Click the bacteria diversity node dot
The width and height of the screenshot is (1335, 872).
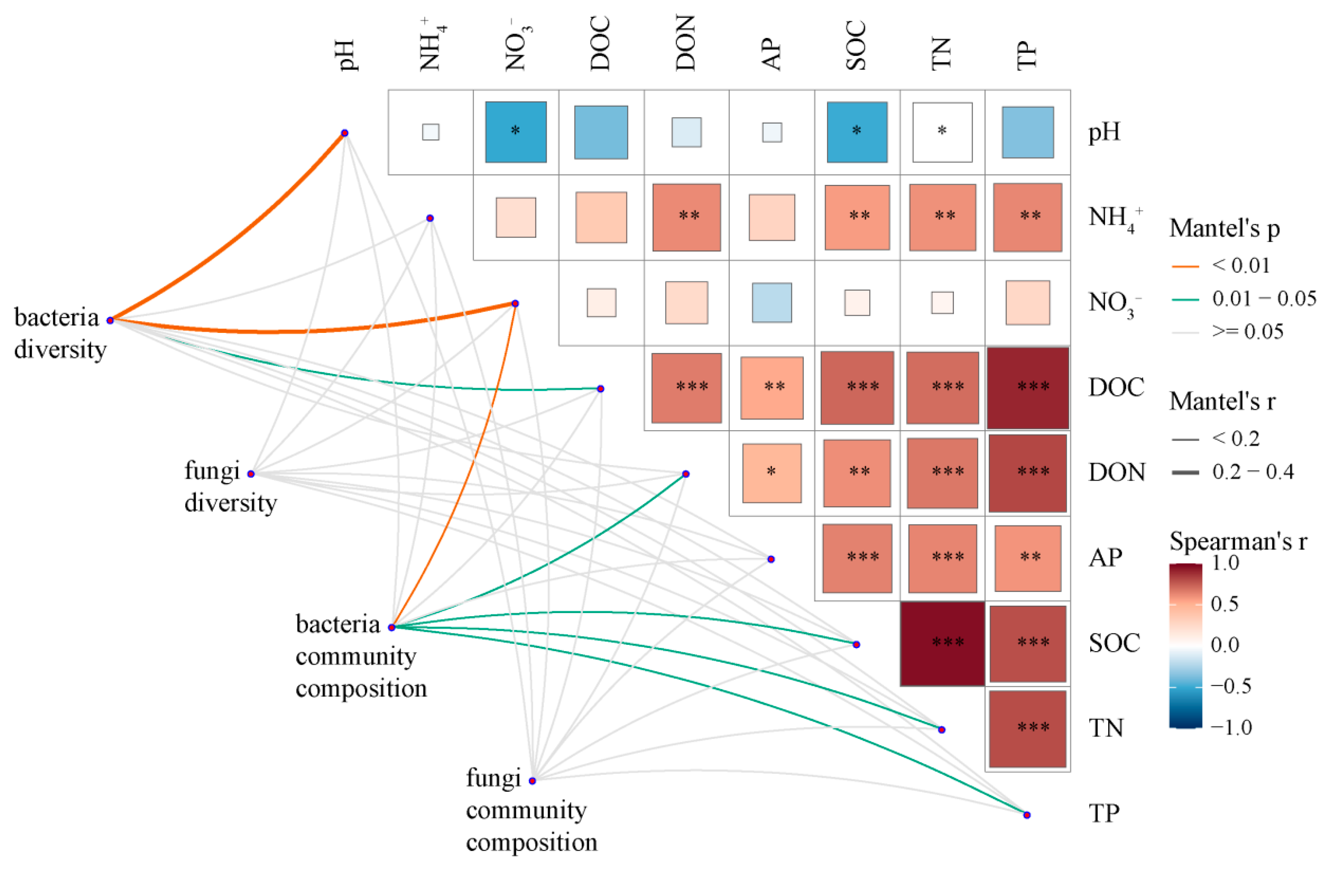click(x=111, y=320)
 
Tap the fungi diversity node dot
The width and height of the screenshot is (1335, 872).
click(x=251, y=474)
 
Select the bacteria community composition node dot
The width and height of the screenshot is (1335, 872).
click(x=392, y=627)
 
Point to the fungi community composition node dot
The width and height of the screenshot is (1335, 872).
click(x=532, y=781)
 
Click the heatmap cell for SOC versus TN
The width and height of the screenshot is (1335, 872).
click(x=942, y=644)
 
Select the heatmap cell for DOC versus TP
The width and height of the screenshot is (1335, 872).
click(x=1028, y=388)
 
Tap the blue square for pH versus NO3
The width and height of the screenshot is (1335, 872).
click(x=515, y=132)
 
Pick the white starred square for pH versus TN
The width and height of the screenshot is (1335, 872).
click(x=942, y=132)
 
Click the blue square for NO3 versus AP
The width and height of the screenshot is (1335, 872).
click(x=772, y=303)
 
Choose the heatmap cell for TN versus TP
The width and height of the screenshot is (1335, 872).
click(x=1028, y=729)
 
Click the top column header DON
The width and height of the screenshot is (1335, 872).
click(x=686, y=44)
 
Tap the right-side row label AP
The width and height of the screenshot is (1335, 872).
click(x=1105, y=558)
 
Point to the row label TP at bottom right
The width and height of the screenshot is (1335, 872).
click(x=1104, y=814)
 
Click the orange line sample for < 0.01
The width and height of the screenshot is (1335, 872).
click(x=1185, y=266)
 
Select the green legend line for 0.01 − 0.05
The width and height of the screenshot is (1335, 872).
click(x=1185, y=300)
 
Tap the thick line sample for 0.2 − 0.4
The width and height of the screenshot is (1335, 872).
click(x=1185, y=473)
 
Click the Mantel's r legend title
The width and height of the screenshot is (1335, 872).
click(x=1222, y=402)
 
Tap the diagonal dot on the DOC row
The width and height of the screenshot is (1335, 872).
click(x=601, y=389)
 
